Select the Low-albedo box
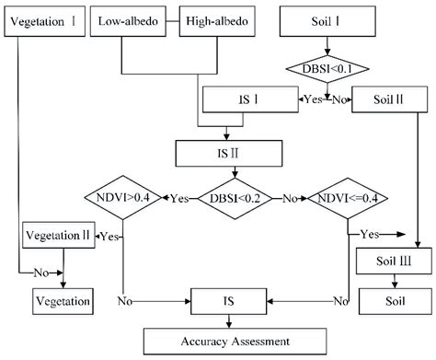pyautogui.click(x=143, y=19)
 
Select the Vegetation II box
pyautogui.click(x=60, y=235)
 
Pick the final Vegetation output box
pyautogui.click(x=63, y=300)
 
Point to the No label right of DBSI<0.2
pyautogui.click(x=288, y=197)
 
